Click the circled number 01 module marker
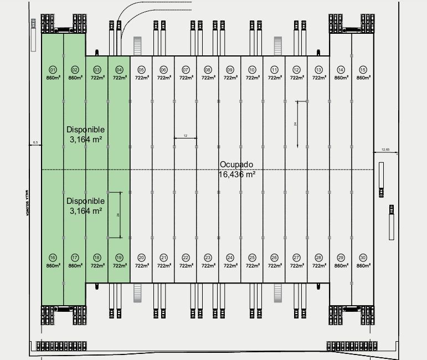(x=53, y=70)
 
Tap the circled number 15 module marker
(x=363, y=70)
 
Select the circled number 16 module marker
(x=53, y=258)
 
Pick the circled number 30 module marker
(x=363, y=258)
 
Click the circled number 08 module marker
(x=208, y=70)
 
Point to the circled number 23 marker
(x=208, y=258)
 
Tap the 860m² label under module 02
(x=75, y=78)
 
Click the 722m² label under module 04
(x=120, y=78)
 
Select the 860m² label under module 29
(x=341, y=266)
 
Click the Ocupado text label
(x=236, y=165)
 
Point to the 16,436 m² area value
(x=236, y=174)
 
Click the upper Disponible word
(x=85, y=130)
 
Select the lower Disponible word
(x=85, y=201)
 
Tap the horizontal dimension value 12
(x=186, y=135)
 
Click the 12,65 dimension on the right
(x=385, y=150)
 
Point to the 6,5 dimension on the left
(x=35, y=143)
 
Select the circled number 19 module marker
(x=119, y=258)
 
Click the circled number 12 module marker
(x=296, y=70)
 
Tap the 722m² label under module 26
(x=275, y=266)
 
